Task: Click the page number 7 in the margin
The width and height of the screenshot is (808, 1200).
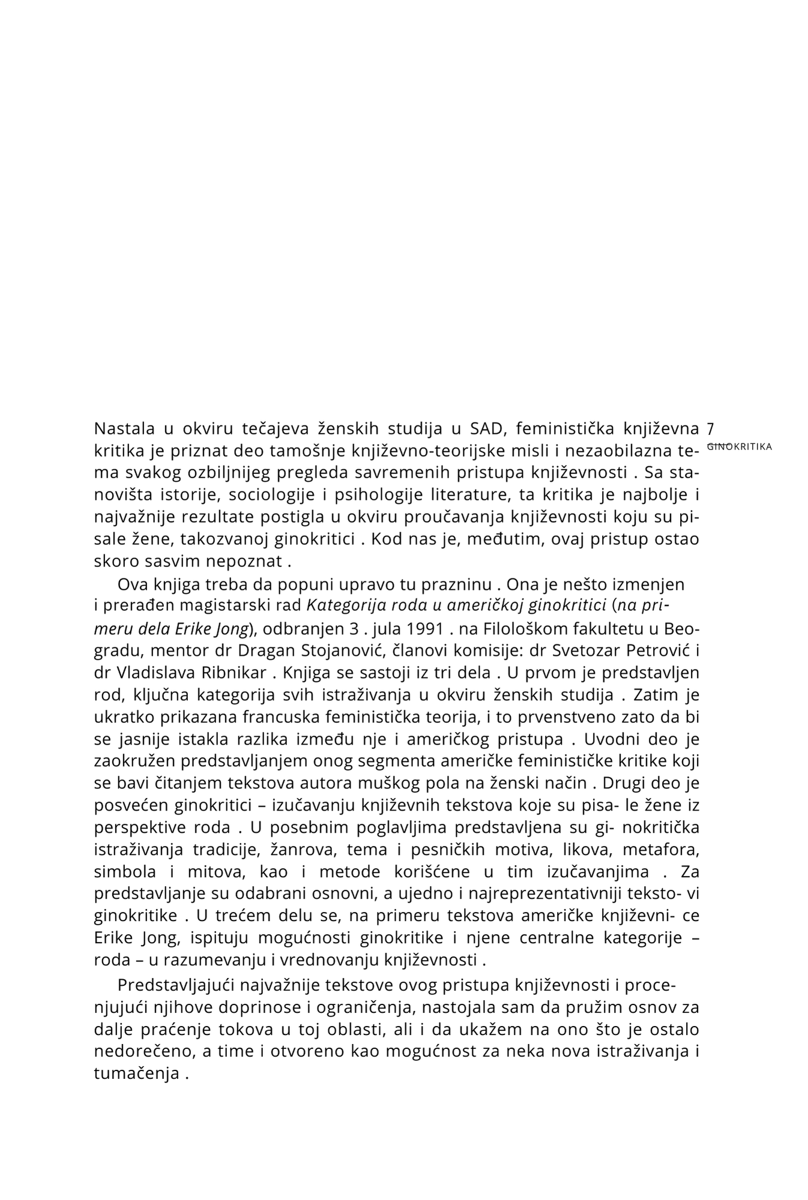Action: [710, 429]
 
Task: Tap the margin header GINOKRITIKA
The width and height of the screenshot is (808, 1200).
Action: [740, 446]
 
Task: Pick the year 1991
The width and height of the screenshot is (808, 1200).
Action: [426, 629]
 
